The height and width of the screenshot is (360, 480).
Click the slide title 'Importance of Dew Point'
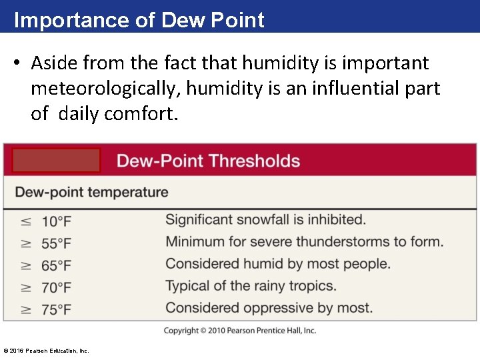(x=139, y=20)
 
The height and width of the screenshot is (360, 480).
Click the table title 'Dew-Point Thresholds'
(x=208, y=161)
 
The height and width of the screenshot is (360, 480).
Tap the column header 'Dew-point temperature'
(x=91, y=193)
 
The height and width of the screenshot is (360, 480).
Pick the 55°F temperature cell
(x=56, y=243)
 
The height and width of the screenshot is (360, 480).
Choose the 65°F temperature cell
(x=56, y=265)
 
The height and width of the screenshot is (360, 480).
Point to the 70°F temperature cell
(x=56, y=287)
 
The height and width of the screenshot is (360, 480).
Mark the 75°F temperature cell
(x=56, y=309)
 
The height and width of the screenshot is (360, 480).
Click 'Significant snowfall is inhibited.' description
(x=265, y=219)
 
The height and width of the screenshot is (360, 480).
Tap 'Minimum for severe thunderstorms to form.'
(x=304, y=241)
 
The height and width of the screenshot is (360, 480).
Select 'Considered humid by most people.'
(x=277, y=263)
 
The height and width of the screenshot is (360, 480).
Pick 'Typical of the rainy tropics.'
(x=251, y=285)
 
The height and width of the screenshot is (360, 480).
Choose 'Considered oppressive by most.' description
(x=269, y=307)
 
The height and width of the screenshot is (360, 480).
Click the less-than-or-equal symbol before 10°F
(x=25, y=221)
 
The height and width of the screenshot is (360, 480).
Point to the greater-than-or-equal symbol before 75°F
(x=25, y=309)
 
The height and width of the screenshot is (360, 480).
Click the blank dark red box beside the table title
(x=56, y=161)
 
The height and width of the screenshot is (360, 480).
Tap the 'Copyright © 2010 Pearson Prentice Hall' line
(x=240, y=331)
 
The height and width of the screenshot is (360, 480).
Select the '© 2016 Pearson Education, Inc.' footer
(x=46, y=351)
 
